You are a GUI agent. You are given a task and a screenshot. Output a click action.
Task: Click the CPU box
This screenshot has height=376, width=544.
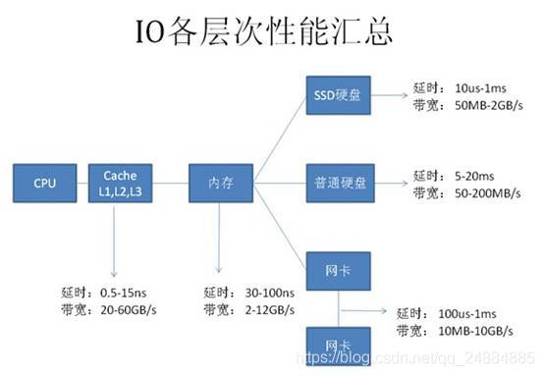point(44,183)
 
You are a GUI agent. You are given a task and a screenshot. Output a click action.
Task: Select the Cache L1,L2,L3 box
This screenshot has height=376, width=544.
point(121,182)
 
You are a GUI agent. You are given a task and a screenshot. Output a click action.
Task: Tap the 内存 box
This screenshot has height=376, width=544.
point(220,183)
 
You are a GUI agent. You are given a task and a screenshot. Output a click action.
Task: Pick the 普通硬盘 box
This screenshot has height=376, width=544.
point(336,183)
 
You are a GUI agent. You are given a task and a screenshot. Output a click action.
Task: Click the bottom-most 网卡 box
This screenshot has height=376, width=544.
point(336,347)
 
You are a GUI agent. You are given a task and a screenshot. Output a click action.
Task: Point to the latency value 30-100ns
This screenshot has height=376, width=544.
point(266,292)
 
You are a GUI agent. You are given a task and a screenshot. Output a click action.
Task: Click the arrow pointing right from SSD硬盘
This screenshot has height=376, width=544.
point(388,96)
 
